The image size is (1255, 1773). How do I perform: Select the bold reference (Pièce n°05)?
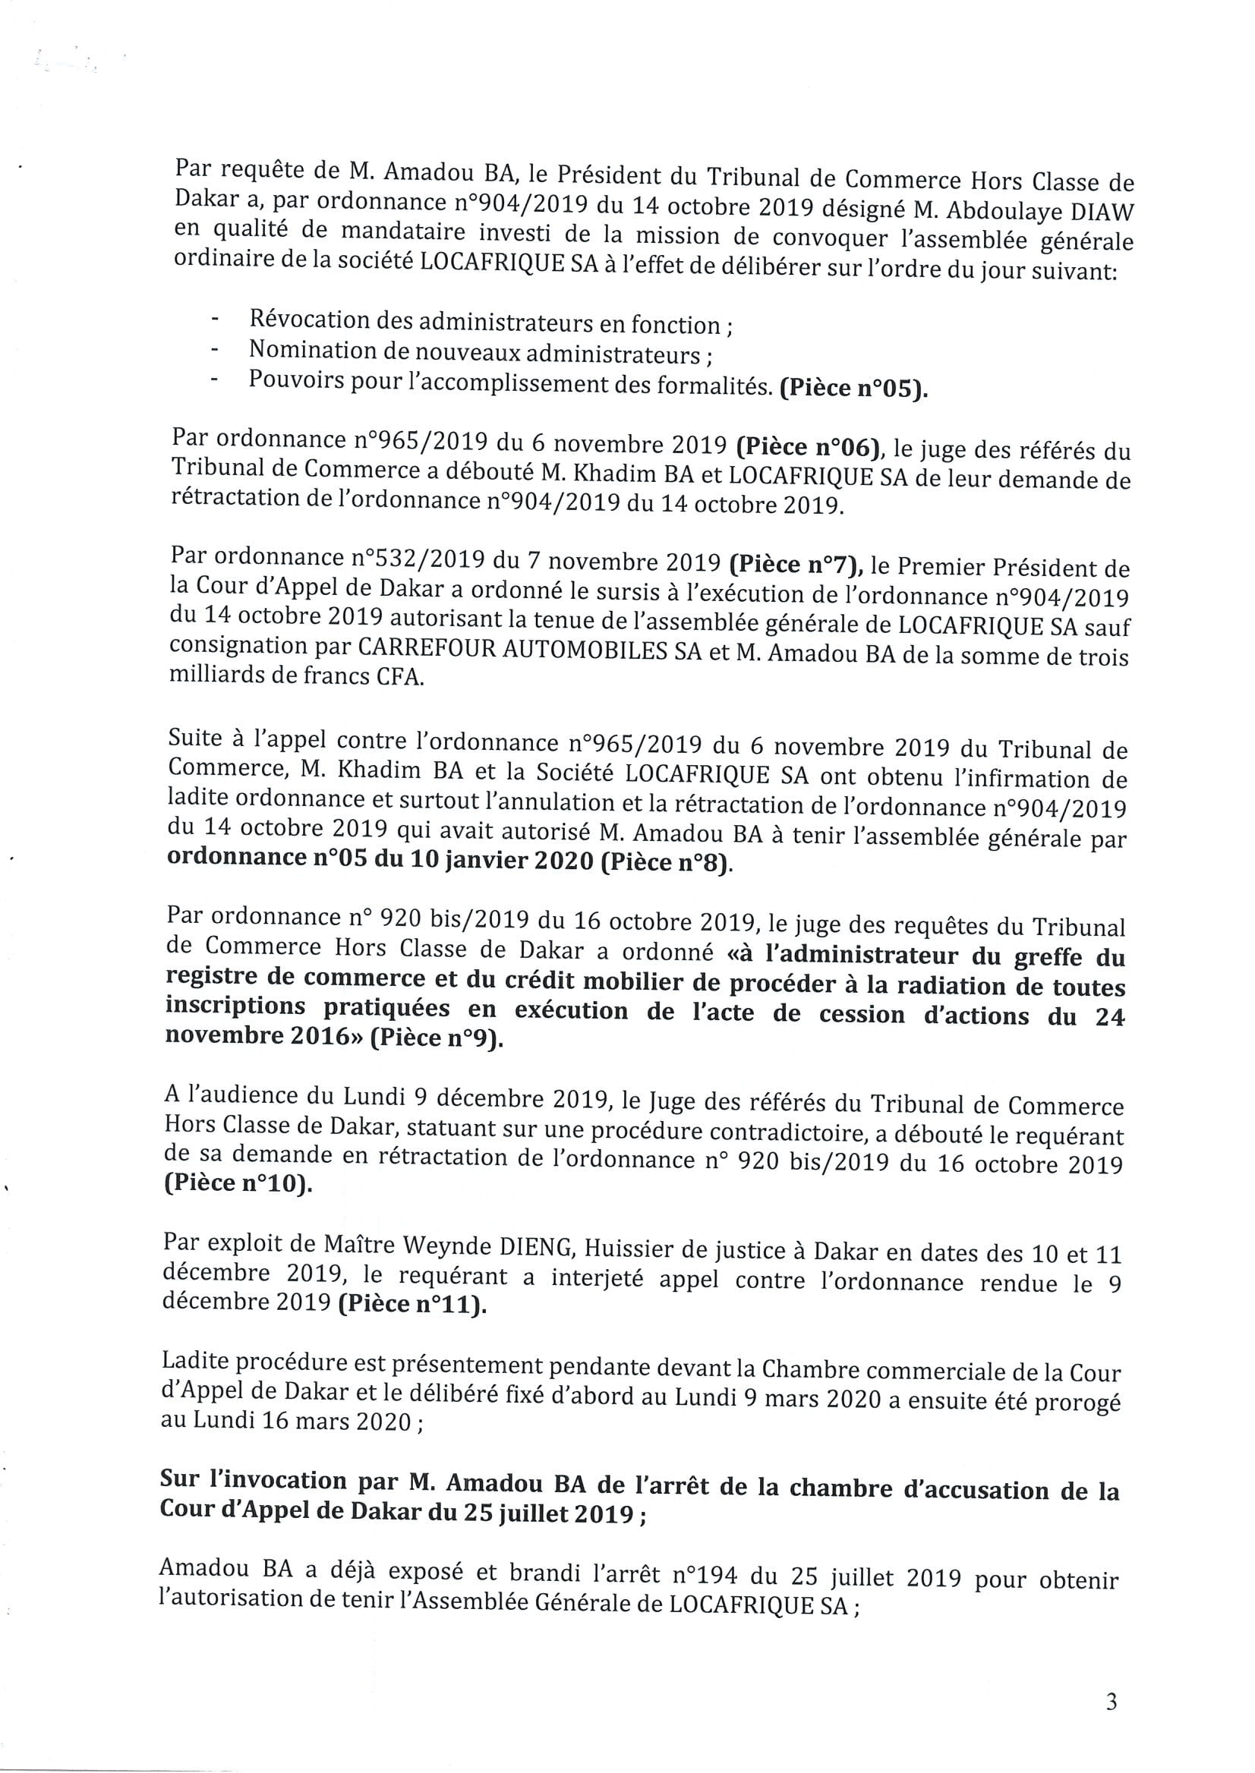click(853, 389)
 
